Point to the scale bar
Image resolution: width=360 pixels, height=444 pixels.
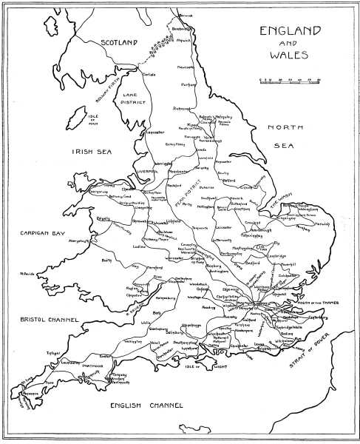[289, 79]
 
